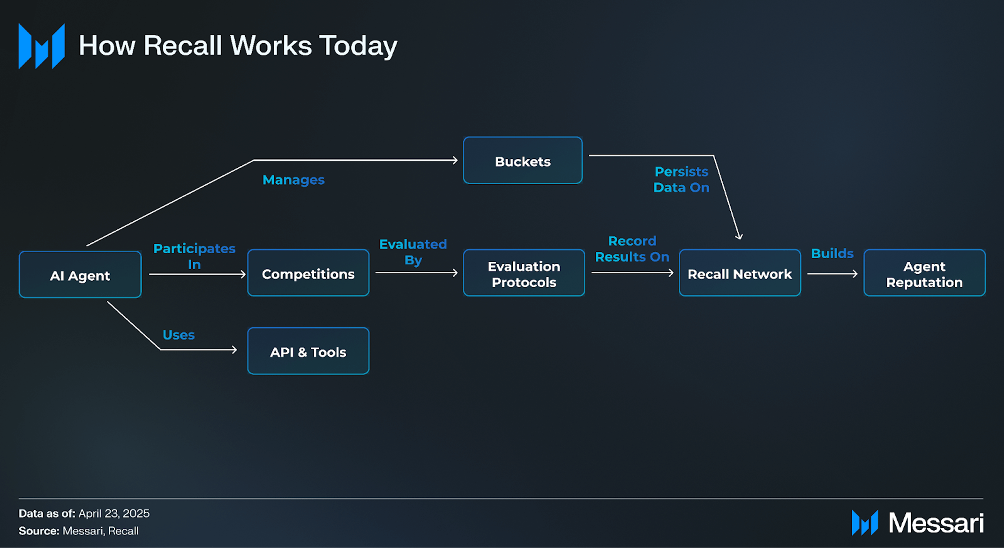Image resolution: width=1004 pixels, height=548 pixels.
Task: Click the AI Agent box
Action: (x=80, y=275)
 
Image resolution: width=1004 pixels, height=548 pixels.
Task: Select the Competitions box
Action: (x=308, y=273)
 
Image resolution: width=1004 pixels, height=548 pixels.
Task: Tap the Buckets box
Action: (x=523, y=160)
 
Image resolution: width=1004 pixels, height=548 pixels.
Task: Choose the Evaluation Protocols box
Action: (x=524, y=273)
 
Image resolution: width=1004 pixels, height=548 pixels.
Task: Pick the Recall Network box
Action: (x=740, y=273)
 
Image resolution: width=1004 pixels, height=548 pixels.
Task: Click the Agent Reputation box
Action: (x=924, y=273)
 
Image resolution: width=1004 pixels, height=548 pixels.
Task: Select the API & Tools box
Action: (x=308, y=351)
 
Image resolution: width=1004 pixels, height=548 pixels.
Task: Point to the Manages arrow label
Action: (x=293, y=180)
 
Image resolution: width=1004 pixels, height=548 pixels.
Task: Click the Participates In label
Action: (x=194, y=256)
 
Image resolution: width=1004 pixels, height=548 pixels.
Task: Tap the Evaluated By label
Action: (x=413, y=252)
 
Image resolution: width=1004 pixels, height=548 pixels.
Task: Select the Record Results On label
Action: (x=632, y=249)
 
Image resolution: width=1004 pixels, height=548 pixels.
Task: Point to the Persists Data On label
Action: (x=681, y=180)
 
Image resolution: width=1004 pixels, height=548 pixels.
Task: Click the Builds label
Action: (x=832, y=254)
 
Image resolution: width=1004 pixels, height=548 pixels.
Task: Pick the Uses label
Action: (x=179, y=335)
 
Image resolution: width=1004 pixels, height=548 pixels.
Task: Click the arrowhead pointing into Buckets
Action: (x=455, y=160)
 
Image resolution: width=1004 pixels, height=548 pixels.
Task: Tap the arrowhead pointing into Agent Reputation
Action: (x=855, y=274)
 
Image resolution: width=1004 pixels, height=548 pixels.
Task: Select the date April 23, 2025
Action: (x=114, y=514)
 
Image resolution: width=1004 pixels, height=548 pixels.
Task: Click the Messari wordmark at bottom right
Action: (x=936, y=523)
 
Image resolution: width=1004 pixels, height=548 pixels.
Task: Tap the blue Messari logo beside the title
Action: (x=42, y=46)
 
